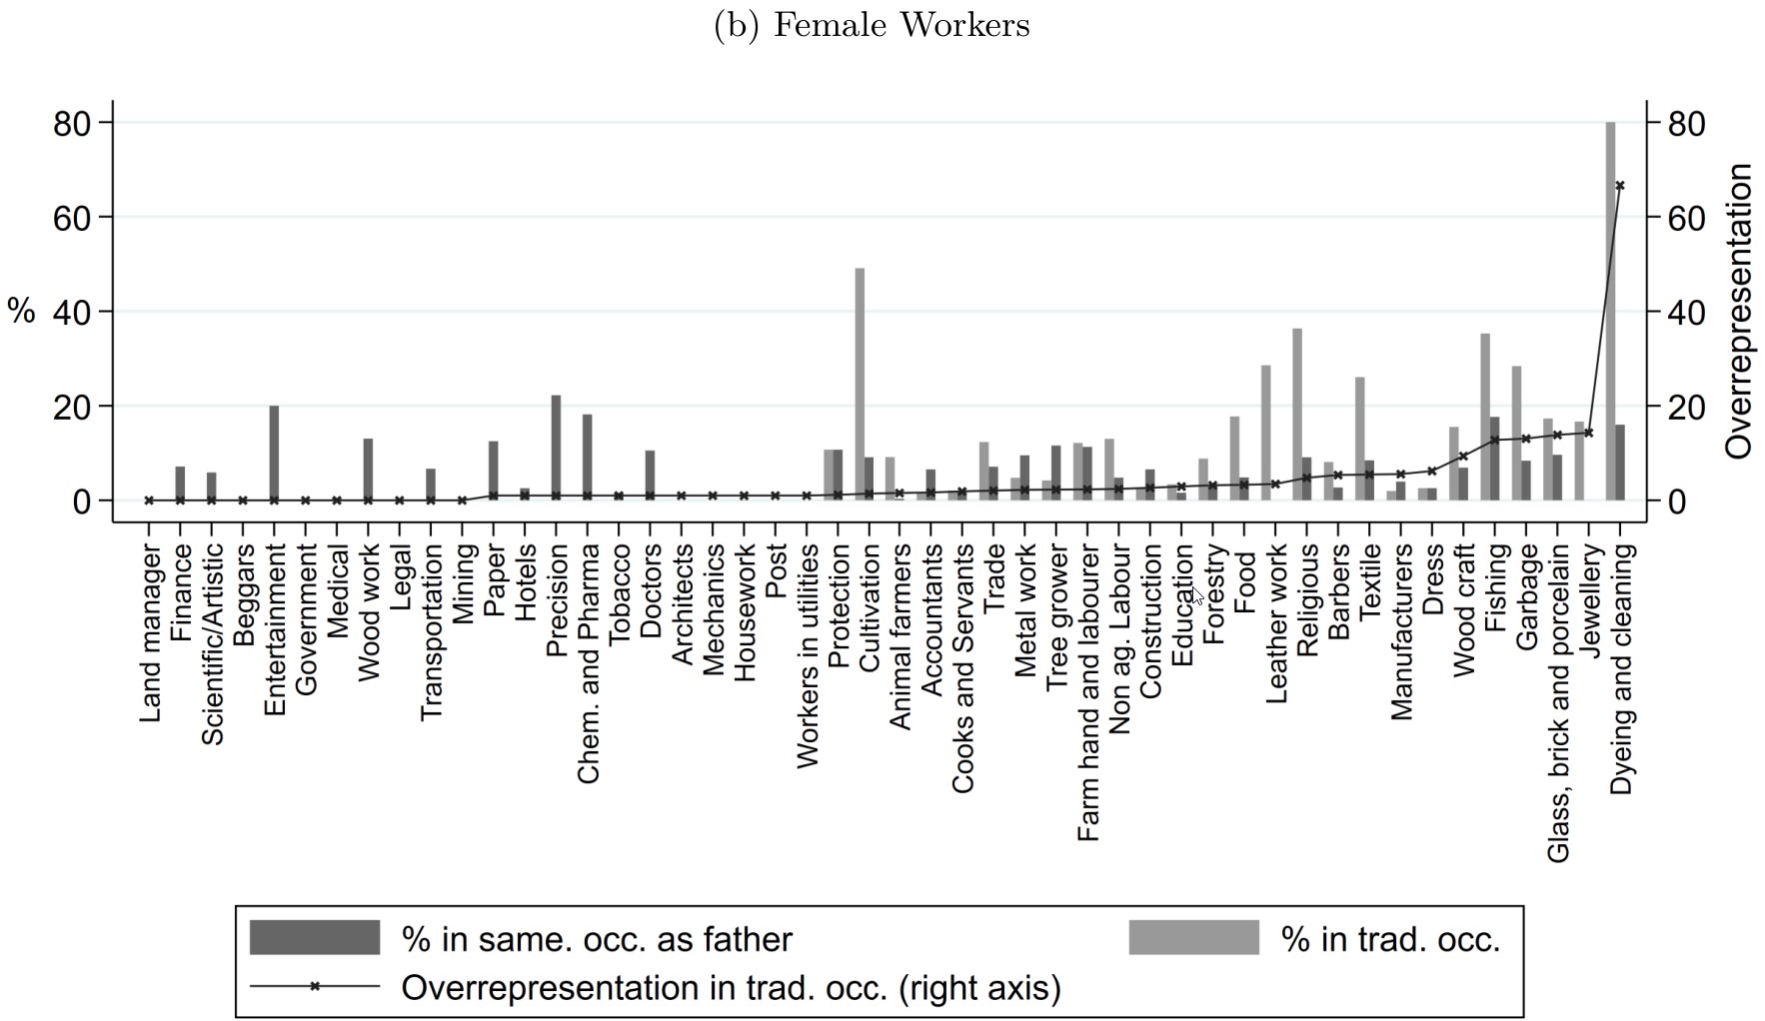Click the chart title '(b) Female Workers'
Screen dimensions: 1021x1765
pos(872,25)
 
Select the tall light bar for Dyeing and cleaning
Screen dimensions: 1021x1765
pos(1610,310)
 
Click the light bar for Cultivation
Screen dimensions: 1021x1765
pos(860,385)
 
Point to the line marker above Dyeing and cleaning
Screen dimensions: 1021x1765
pos(1620,186)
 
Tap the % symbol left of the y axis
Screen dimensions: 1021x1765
pos(21,311)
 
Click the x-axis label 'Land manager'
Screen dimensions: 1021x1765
pos(151,632)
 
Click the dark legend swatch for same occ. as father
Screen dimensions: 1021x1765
pos(315,938)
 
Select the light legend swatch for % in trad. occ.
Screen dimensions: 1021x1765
pos(1193,938)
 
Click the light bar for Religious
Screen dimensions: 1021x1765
pos(1296,414)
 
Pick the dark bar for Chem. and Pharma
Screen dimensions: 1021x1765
pos(588,458)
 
